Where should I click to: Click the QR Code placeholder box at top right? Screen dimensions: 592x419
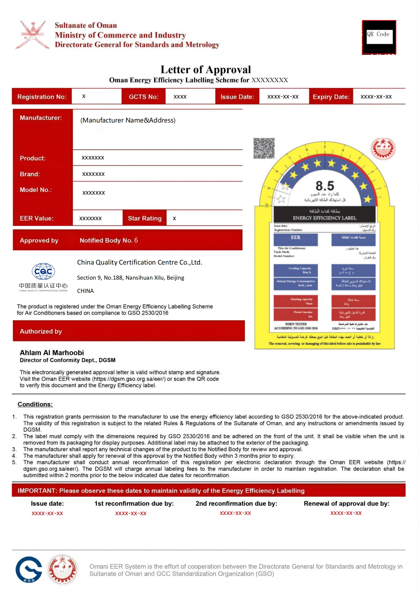click(379, 37)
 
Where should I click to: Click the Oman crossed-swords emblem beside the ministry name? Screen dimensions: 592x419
click(32, 35)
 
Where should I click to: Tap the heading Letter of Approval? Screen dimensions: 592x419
click(206, 69)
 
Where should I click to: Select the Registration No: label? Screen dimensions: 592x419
click(42, 97)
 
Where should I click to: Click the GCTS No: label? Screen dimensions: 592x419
click(143, 97)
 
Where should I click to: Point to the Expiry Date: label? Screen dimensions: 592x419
click(331, 97)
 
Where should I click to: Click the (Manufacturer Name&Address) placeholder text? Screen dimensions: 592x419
click(128, 120)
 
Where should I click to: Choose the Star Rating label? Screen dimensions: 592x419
click(145, 218)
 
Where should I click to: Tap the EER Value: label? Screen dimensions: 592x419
click(36, 218)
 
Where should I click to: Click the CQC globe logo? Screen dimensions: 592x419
click(43, 271)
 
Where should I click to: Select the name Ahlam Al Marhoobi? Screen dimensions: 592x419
click(52, 353)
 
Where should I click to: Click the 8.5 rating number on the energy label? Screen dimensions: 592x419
click(325, 186)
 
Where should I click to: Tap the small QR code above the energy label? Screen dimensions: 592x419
click(264, 148)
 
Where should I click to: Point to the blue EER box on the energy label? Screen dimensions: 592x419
click(296, 239)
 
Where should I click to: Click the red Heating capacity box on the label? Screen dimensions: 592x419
click(296, 301)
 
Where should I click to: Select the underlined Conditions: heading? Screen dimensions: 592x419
click(35, 404)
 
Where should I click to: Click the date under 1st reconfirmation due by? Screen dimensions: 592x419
click(131, 513)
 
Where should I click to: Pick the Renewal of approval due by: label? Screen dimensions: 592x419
click(346, 503)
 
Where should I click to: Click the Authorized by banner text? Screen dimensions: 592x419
click(41, 331)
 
